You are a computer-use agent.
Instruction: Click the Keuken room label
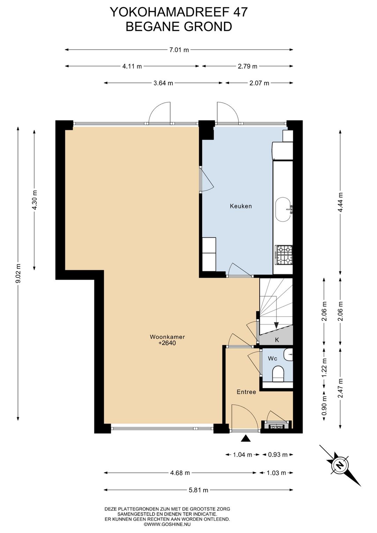tap(241, 206)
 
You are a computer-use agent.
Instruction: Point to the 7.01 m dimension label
tap(179, 50)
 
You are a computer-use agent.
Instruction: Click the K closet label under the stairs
tap(277, 340)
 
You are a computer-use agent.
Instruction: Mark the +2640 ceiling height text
tap(167, 343)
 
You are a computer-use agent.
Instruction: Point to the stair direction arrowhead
tap(276, 326)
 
